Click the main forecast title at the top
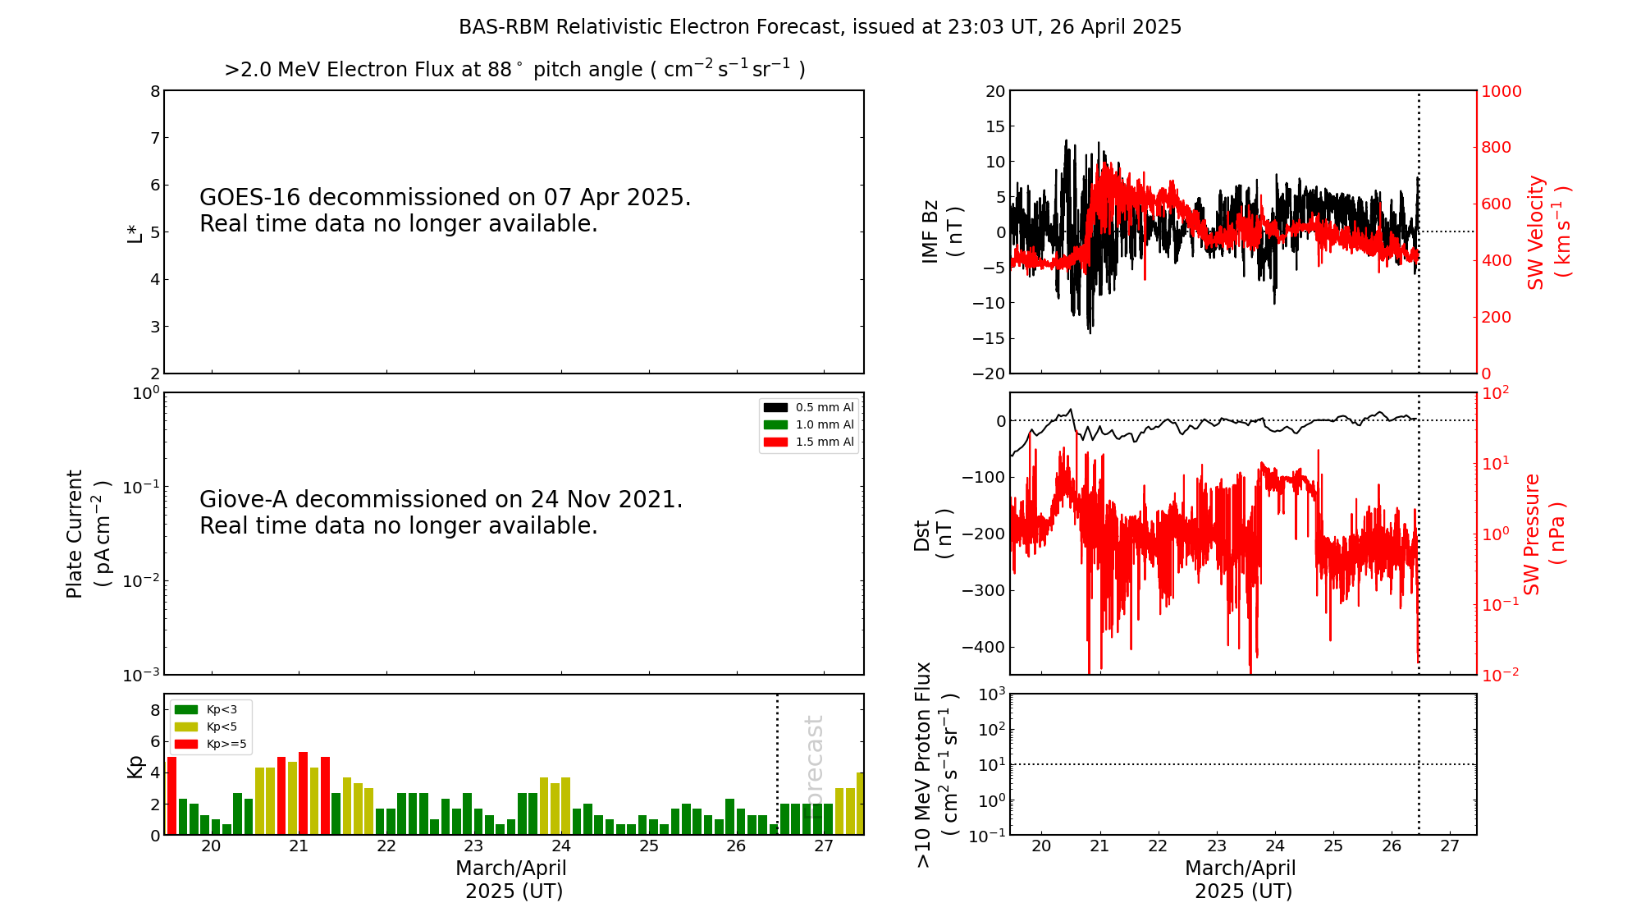click(820, 27)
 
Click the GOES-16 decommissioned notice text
click(445, 210)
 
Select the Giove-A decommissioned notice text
click(441, 512)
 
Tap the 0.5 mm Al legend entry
click(809, 407)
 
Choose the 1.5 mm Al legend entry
click(809, 442)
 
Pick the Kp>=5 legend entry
click(211, 744)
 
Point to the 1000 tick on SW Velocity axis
click(1501, 91)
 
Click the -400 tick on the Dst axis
click(983, 647)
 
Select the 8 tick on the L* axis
click(155, 91)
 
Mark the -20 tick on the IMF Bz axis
click(988, 374)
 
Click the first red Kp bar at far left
click(171, 795)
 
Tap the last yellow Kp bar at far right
click(860, 803)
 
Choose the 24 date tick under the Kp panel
click(561, 846)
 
